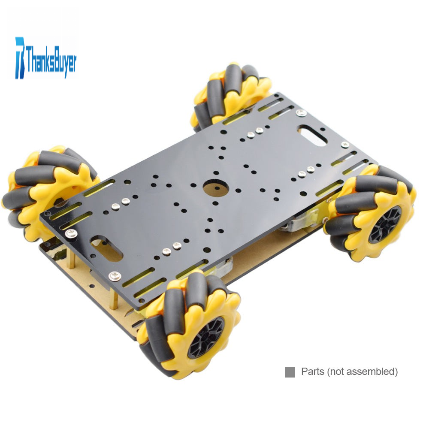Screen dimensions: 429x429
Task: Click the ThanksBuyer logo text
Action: click(x=51, y=60)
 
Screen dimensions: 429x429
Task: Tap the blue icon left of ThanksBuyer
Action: click(x=20, y=58)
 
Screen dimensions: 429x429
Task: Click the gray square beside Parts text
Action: click(x=290, y=372)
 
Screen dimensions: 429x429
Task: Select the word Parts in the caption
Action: click(x=313, y=372)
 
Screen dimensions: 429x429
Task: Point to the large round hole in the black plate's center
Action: click(x=216, y=188)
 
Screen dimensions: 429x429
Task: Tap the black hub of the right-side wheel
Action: click(x=386, y=224)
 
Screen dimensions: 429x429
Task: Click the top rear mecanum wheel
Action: click(x=230, y=96)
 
